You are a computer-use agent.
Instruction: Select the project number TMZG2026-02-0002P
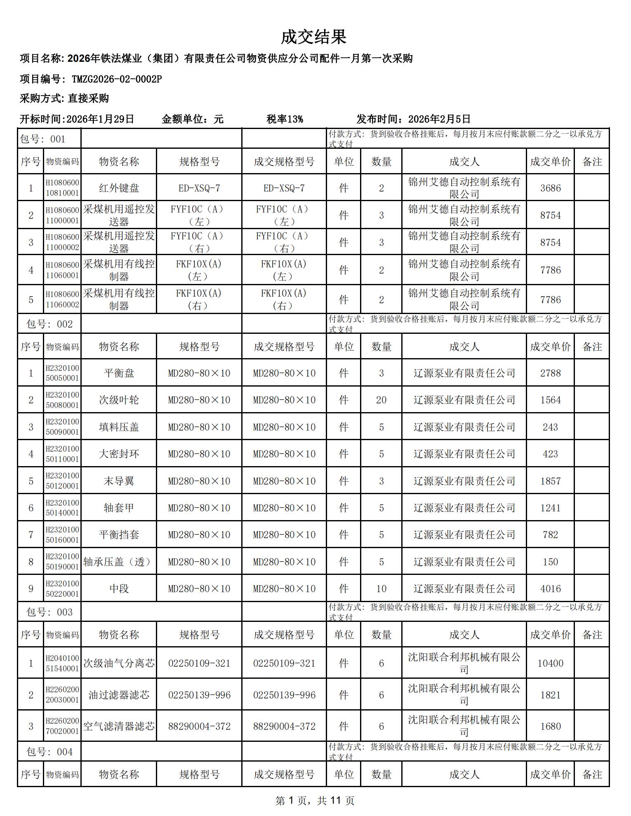(x=117, y=79)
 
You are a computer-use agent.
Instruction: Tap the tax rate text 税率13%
(x=285, y=120)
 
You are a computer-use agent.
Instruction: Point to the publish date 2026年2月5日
(x=439, y=120)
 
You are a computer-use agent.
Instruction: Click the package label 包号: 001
(x=42, y=139)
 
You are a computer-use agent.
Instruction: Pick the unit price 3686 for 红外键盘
(x=550, y=188)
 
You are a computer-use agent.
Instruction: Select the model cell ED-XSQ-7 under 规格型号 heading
(x=199, y=188)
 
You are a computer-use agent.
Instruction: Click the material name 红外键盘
(x=119, y=188)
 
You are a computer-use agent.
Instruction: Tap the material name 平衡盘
(x=119, y=373)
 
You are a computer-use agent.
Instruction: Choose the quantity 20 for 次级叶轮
(x=381, y=400)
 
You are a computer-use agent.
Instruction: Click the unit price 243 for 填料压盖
(x=550, y=427)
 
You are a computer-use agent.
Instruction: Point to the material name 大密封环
(x=119, y=454)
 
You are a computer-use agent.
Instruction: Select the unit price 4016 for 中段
(x=550, y=589)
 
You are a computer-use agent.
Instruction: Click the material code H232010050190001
(x=62, y=562)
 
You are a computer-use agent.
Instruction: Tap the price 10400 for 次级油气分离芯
(x=550, y=663)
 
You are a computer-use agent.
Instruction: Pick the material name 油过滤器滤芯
(x=119, y=695)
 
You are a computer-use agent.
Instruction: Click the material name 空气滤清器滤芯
(x=119, y=726)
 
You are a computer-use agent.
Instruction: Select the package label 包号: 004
(x=49, y=752)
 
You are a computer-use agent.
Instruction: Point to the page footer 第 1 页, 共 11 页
(x=315, y=800)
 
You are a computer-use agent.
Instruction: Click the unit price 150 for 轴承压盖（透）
(x=550, y=562)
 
